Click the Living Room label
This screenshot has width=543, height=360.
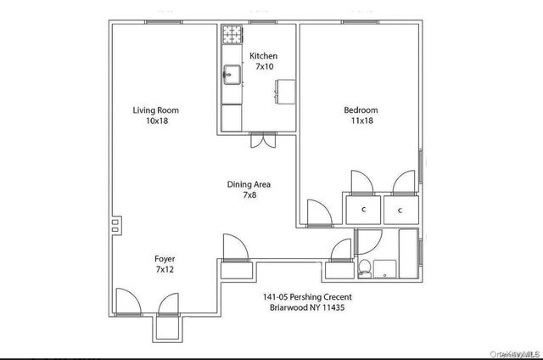(155, 110)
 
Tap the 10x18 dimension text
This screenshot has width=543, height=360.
(155, 121)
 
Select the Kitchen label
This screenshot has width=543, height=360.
(263, 56)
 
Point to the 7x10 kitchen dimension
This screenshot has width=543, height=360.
(263, 67)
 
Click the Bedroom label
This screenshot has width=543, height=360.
(361, 110)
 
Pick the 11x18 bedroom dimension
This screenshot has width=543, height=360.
(361, 121)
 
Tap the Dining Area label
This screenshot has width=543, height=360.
(249, 183)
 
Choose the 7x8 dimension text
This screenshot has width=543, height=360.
(249, 194)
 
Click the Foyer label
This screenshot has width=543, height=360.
(165, 258)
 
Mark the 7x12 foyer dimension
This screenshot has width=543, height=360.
(165, 269)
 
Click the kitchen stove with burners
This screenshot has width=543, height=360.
(232, 35)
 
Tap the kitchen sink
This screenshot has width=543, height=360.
(232, 75)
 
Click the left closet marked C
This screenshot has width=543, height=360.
(363, 209)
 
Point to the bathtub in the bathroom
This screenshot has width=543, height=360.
(409, 253)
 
